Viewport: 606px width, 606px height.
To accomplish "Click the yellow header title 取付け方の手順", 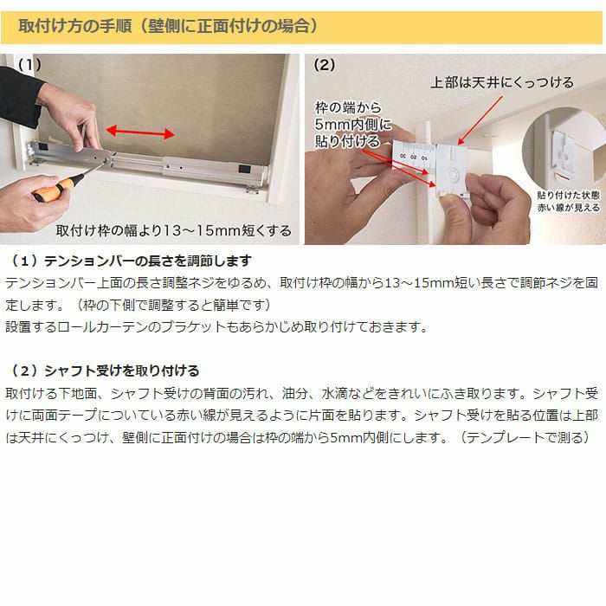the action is click(x=75, y=26).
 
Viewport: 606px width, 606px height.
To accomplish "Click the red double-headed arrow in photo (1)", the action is click(x=140, y=132).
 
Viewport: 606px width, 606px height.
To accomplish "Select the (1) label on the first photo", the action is click(x=29, y=65).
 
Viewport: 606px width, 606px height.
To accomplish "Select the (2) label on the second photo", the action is click(x=325, y=65).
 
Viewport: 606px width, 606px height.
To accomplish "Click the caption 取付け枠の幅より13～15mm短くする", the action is click(x=173, y=231).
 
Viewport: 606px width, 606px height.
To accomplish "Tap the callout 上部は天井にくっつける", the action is click(x=502, y=82).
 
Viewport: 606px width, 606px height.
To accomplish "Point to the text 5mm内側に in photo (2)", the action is click(x=352, y=124).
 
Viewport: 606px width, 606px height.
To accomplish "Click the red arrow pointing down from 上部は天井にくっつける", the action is click(x=480, y=120).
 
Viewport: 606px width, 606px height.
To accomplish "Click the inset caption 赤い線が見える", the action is click(x=568, y=208).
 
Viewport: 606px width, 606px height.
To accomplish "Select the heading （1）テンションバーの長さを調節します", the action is click(x=130, y=261).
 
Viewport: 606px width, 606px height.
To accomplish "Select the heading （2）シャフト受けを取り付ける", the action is click(x=103, y=371).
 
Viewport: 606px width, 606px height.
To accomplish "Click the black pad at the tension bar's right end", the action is click(x=244, y=169).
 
